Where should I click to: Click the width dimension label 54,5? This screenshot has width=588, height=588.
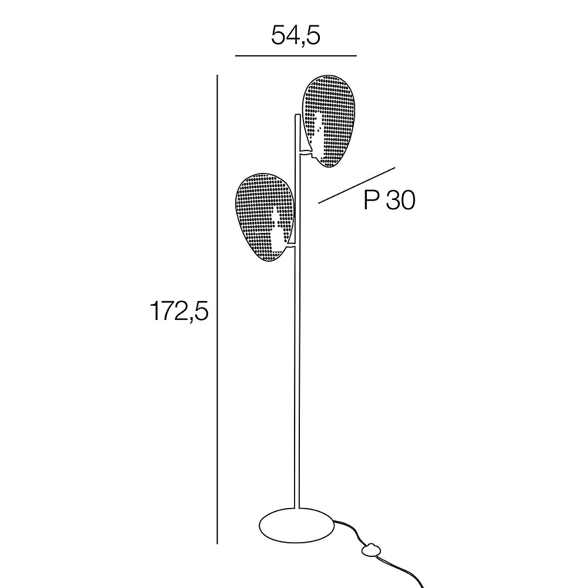coord(295,36)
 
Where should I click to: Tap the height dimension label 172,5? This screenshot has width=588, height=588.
coord(178,312)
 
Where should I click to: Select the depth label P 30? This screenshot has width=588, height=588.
coord(389,201)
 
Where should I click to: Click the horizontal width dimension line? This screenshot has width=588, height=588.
coord(295,55)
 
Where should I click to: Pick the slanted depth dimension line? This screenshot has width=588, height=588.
coord(356,185)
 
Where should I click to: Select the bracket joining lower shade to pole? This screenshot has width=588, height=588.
coord(290,249)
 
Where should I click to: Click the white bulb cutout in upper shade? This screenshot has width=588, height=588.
coord(318,132)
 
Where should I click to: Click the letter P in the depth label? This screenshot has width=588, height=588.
coord(370,201)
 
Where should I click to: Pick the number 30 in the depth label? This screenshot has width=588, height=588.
coord(400,201)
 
